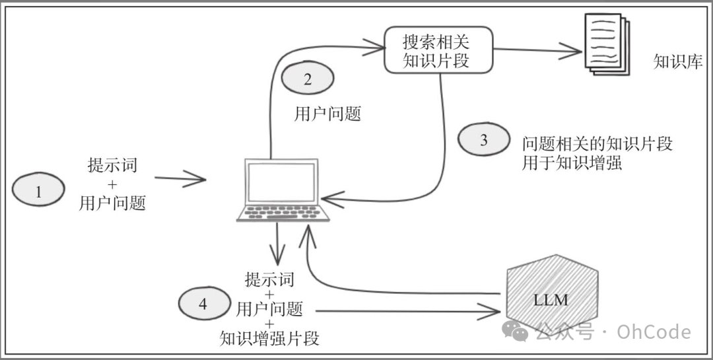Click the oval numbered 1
[x=38, y=192]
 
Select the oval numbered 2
[x=308, y=80]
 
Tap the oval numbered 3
[x=484, y=140]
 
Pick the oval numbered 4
[x=203, y=304]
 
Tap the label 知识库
[x=677, y=62]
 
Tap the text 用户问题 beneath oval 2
[x=327, y=114]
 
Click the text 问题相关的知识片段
[x=597, y=143]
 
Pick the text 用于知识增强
[x=572, y=163]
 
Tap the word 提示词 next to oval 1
[x=112, y=164]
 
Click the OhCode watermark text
[x=654, y=332]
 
